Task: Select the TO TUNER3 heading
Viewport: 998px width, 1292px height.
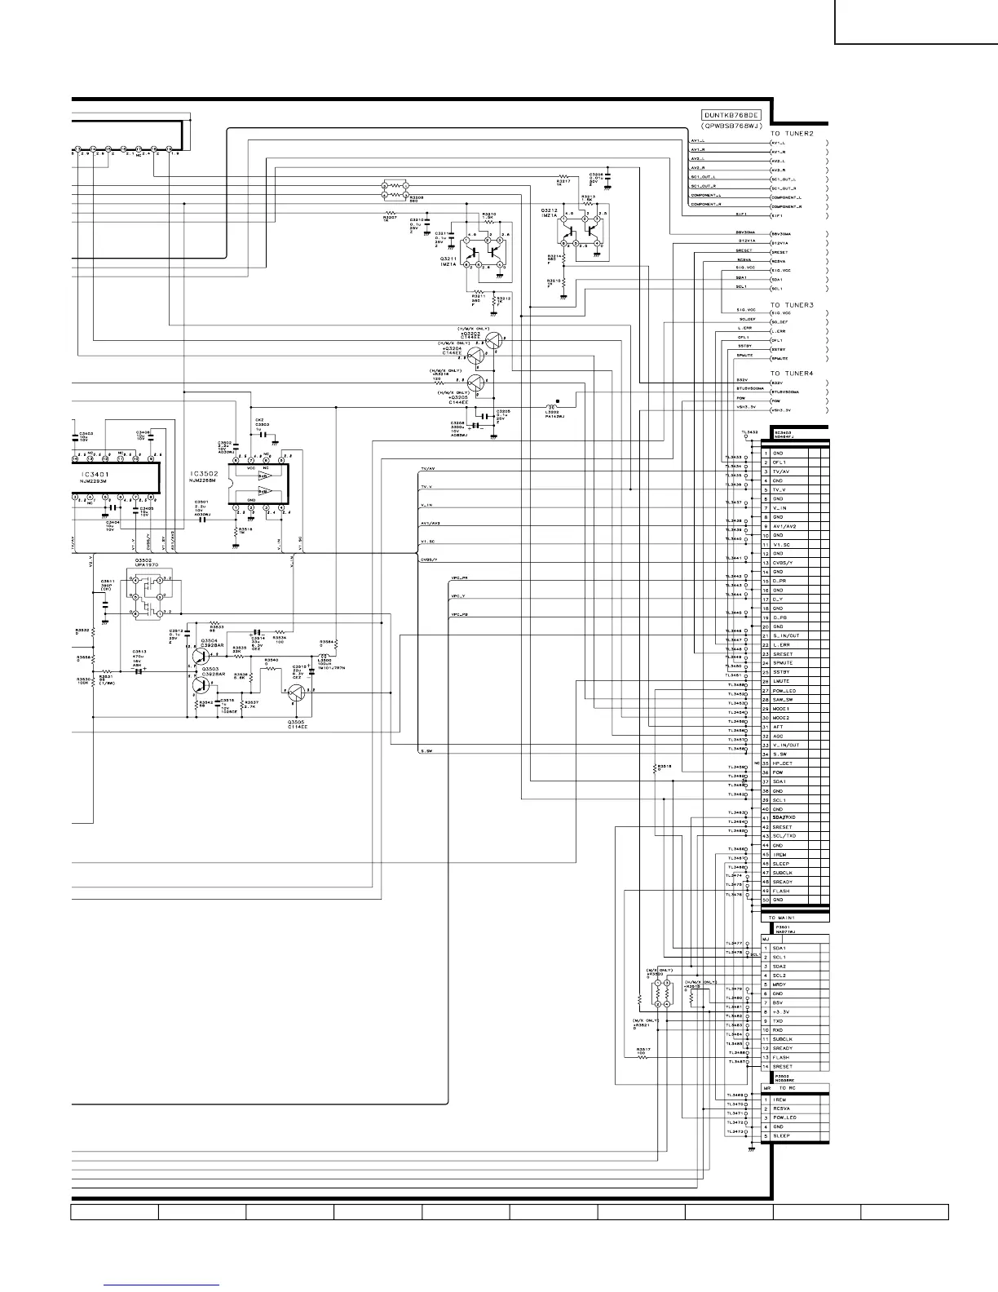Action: pyautogui.click(x=792, y=304)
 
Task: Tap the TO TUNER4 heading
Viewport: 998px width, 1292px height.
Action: pyautogui.click(x=792, y=373)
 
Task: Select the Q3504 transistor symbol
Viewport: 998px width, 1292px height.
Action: pyautogui.click(x=201, y=654)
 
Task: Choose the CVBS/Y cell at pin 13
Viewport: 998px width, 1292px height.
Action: pyautogui.click(x=783, y=563)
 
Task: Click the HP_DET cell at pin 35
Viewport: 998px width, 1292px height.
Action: pyautogui.click(x=783, y=763)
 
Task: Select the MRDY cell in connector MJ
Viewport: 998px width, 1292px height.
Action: pyautogui.click(x=779, y=984)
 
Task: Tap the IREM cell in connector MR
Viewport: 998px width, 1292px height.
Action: pyautogui.click(x=779, y=1100)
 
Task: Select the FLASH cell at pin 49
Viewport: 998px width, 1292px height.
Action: pyautogui.click(x=781, y=891)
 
